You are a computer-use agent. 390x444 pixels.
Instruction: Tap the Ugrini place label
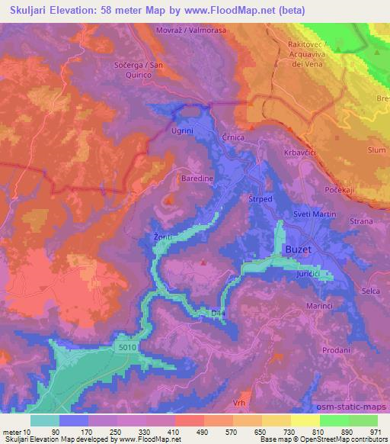point(182,130)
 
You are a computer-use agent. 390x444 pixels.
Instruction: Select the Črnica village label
point(235,137)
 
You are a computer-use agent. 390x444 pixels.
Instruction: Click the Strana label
point(361,221)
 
